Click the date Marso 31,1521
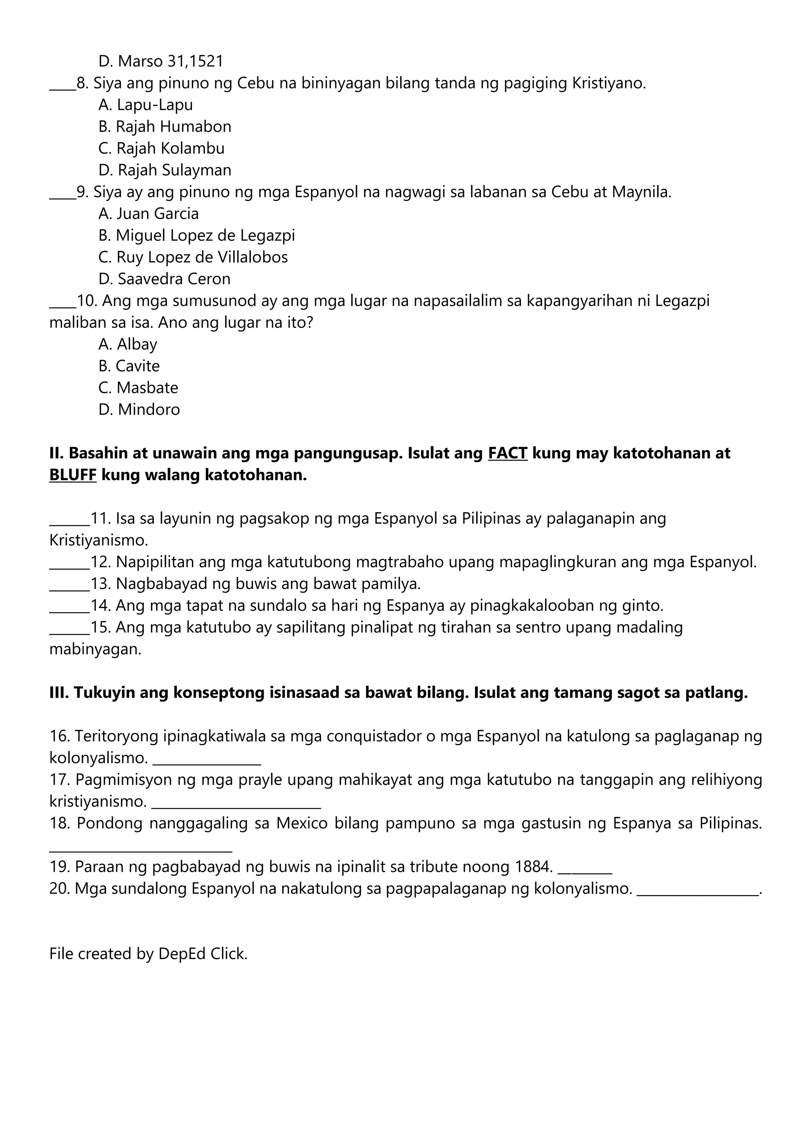coord(170,61)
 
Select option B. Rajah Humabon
coord(165,126)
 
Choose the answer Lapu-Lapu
coord(155,105)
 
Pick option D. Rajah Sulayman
coord(165,170)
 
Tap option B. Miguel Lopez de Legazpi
coord(197,235)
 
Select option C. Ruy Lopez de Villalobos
coord(193,257)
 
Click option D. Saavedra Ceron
coord(165,279)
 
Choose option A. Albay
coord(128,344)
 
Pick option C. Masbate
coord(138,388)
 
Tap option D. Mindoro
coord(139,409)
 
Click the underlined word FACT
coord(507,453)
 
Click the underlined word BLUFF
coord(73,475)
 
